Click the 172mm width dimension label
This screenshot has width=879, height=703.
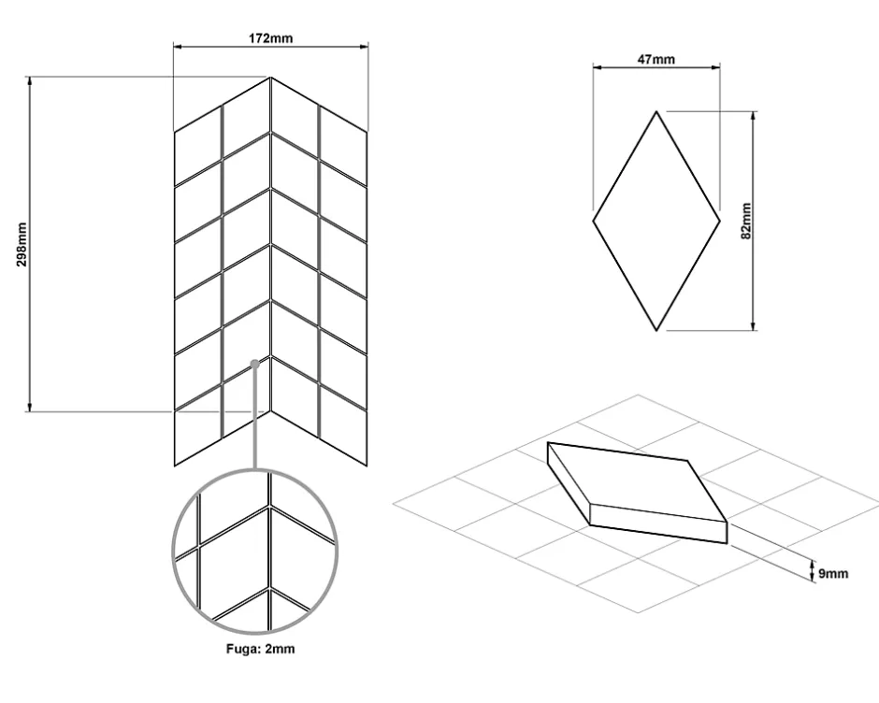click(270, 38)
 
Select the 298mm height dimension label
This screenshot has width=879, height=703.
click(22, 244)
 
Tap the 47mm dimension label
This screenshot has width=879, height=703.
click(656, 59)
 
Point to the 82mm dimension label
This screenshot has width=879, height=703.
click(746, 221)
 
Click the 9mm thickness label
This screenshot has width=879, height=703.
click(833, 573)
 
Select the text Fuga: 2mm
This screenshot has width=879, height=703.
click(261, 649)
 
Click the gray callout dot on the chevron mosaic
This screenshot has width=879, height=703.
click(254, 365)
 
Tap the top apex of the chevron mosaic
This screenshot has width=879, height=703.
click(271, 78)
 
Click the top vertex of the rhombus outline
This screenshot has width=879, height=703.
click(656, 111)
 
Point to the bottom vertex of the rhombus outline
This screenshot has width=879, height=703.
click(656, 331)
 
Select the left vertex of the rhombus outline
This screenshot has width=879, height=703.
click(593, 222)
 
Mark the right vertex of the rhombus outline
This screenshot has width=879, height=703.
click(720, 222)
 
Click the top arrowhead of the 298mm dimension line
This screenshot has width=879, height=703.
click(30, 81)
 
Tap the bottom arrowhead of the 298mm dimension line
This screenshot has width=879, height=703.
click(30, 407)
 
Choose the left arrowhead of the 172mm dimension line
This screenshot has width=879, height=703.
click(179, 47)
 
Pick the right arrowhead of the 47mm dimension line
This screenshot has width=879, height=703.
click(714, 67)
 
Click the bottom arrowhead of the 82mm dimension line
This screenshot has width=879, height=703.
click(754, 325)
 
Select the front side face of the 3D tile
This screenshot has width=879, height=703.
click(658, 524)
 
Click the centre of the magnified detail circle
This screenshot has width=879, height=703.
click(255, 552)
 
